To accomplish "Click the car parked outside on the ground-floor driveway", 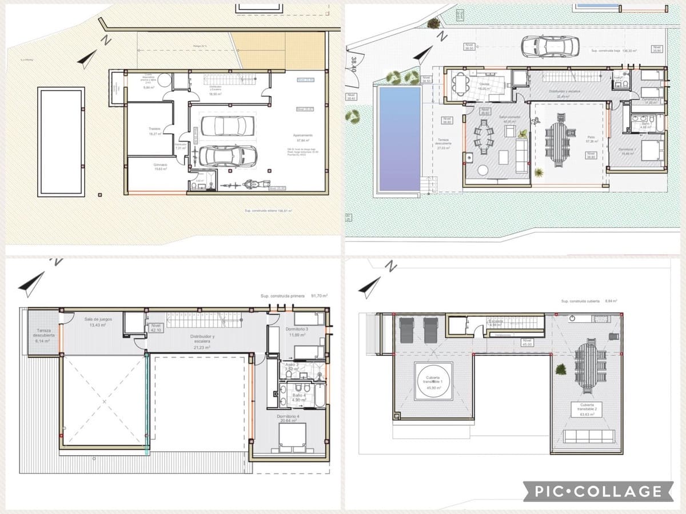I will point(549,46).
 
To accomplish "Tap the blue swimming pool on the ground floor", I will point(399,139).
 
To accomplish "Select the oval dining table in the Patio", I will point(557,141).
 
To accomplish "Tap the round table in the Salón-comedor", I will point(484,170).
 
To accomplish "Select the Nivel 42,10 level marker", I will point(157,328).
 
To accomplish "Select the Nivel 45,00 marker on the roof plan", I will point(526,343).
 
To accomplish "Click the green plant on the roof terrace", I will point(561,370).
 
